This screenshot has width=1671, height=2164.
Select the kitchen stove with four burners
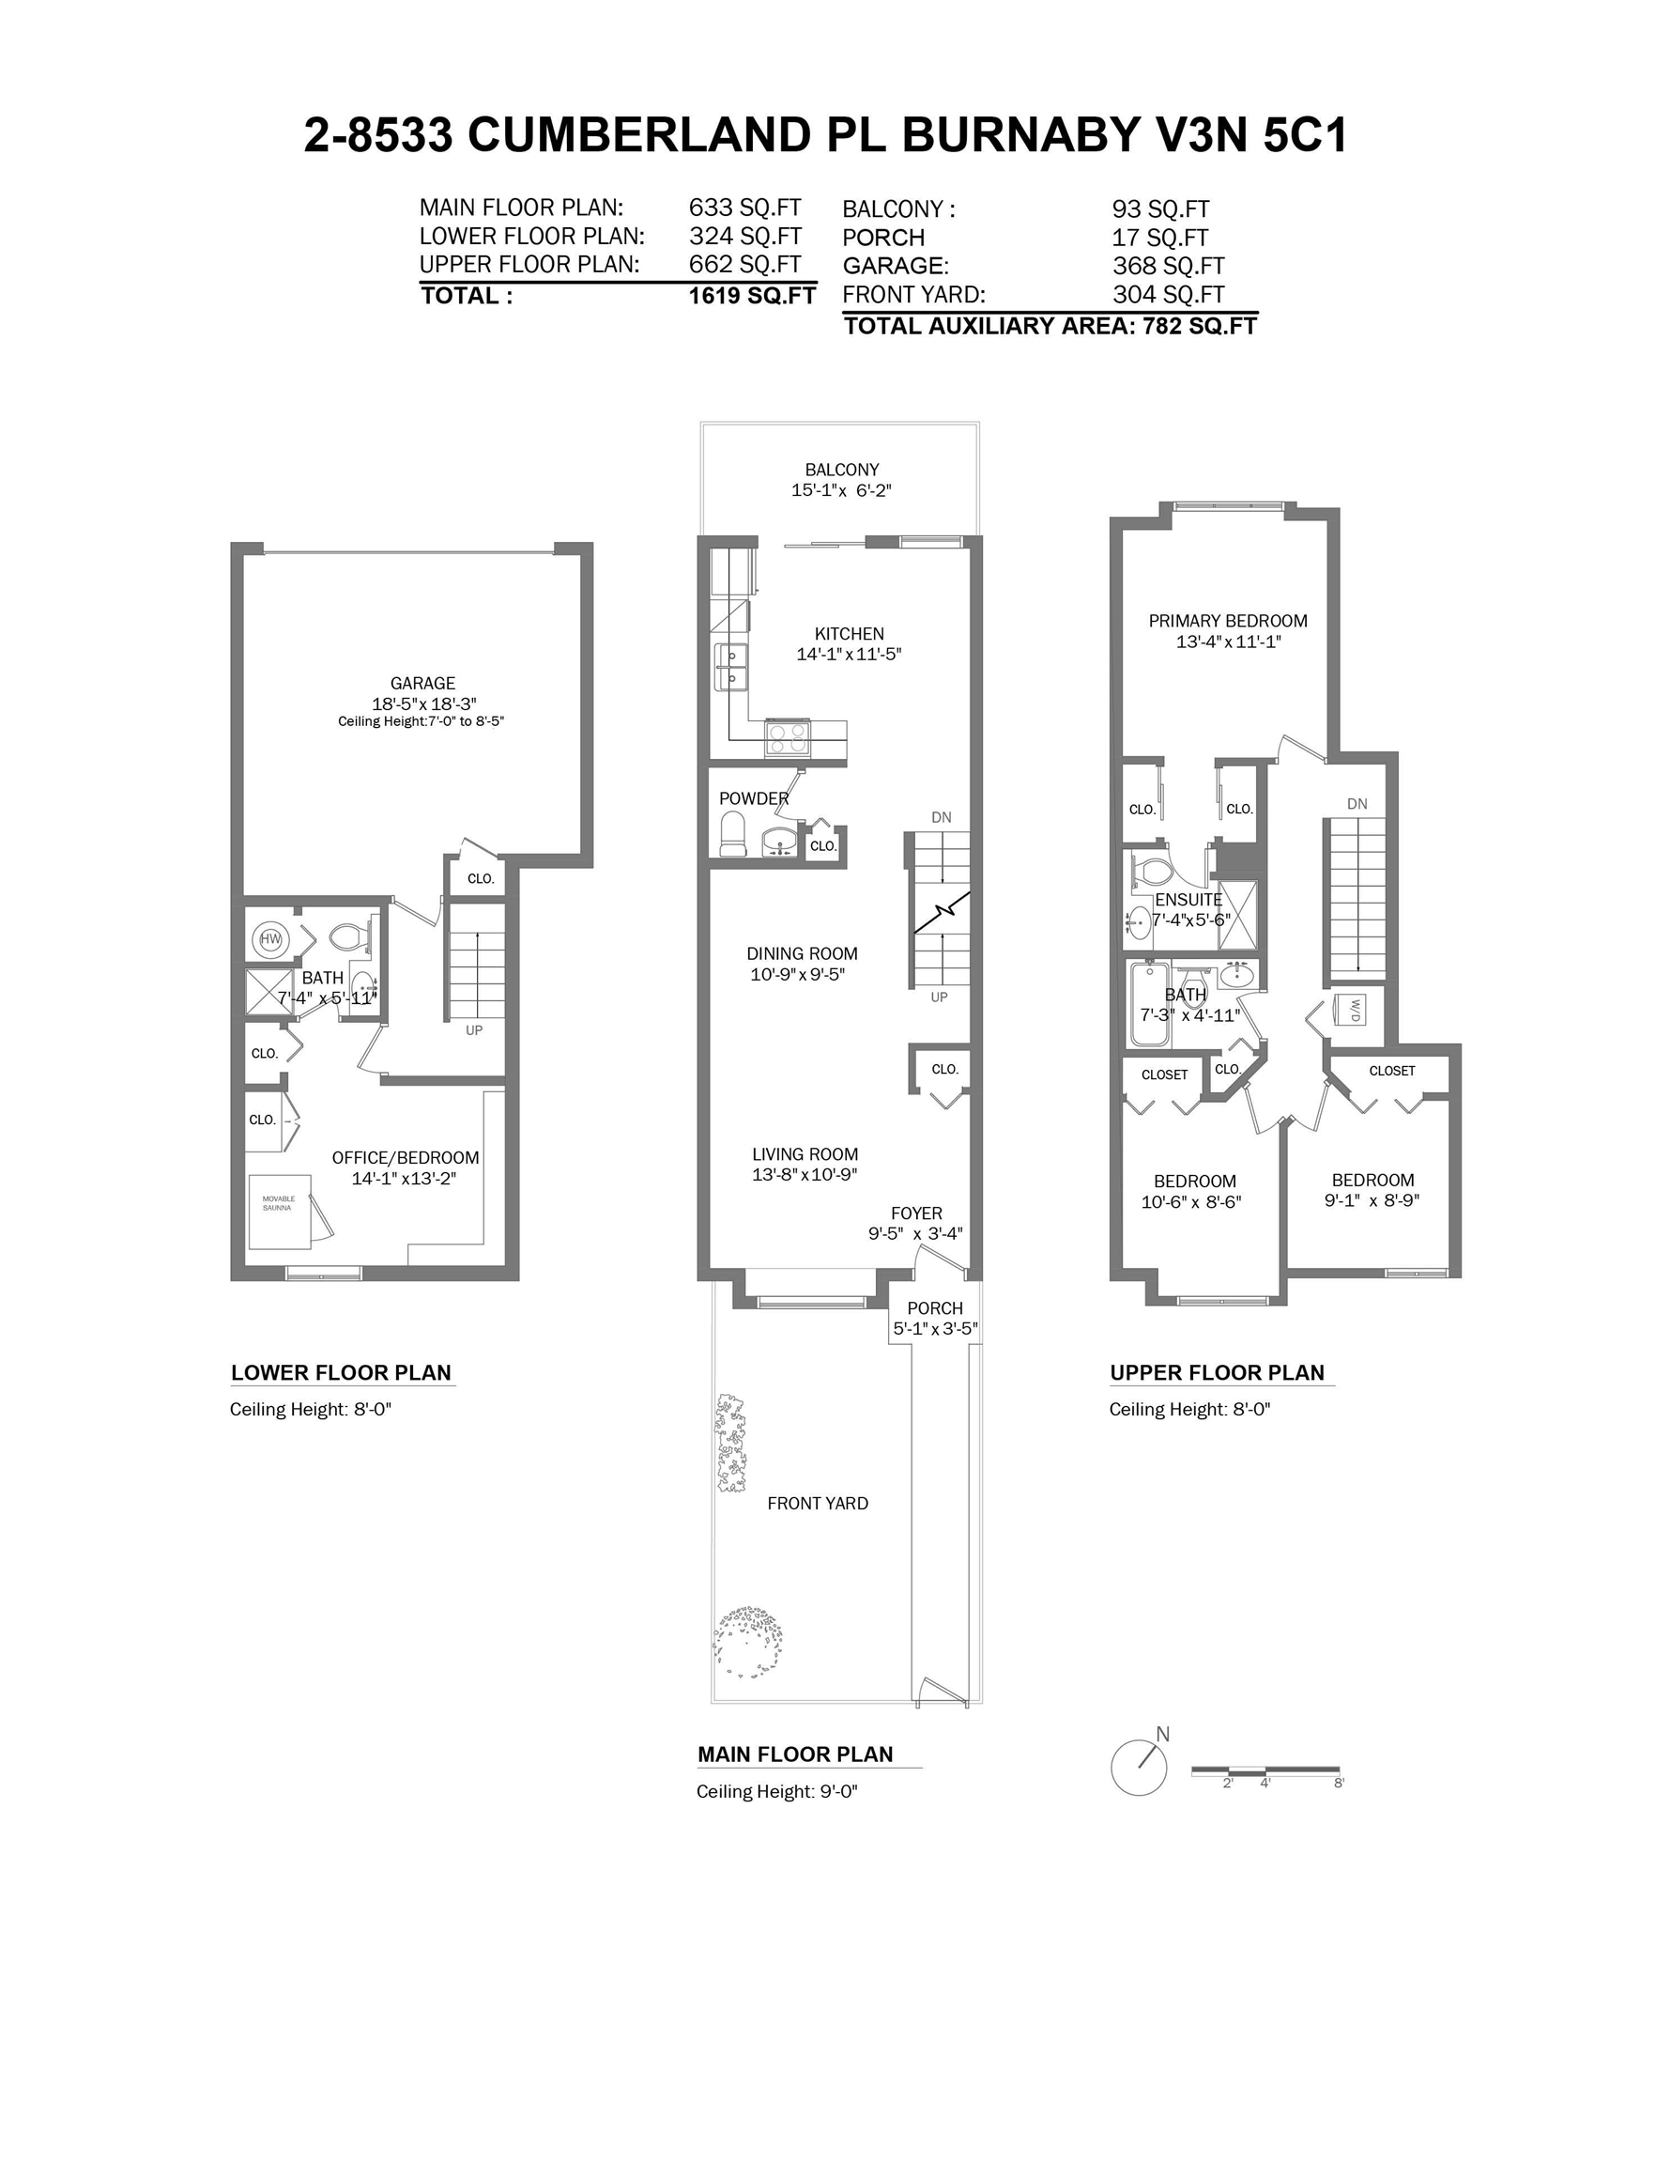coord(788,738)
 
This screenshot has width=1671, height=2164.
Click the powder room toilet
coord(733,833)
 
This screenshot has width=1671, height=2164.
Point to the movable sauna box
coord(281,1213)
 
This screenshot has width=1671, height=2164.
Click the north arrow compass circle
coord(1138,1768)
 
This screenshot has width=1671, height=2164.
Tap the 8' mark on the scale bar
coord(1340,1783)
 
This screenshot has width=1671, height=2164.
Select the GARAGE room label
coord(423,683)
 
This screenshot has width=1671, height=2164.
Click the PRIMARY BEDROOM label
coord(1227,620)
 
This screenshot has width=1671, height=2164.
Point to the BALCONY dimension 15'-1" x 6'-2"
coord(841,490)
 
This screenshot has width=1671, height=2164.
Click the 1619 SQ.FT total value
coord(753,295)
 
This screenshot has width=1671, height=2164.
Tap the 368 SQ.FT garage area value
coord(1169,266)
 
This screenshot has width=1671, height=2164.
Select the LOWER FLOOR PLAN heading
coord(341,1372)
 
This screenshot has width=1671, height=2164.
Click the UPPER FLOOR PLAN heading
coord(1217,1372)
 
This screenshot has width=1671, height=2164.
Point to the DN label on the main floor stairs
coord(941,817)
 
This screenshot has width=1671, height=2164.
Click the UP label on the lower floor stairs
coord(474,1030)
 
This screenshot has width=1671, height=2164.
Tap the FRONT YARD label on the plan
coord(817,1503)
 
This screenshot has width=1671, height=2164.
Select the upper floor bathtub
coord(1150,1004)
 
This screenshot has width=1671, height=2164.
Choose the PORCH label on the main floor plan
coord(935,1308)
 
